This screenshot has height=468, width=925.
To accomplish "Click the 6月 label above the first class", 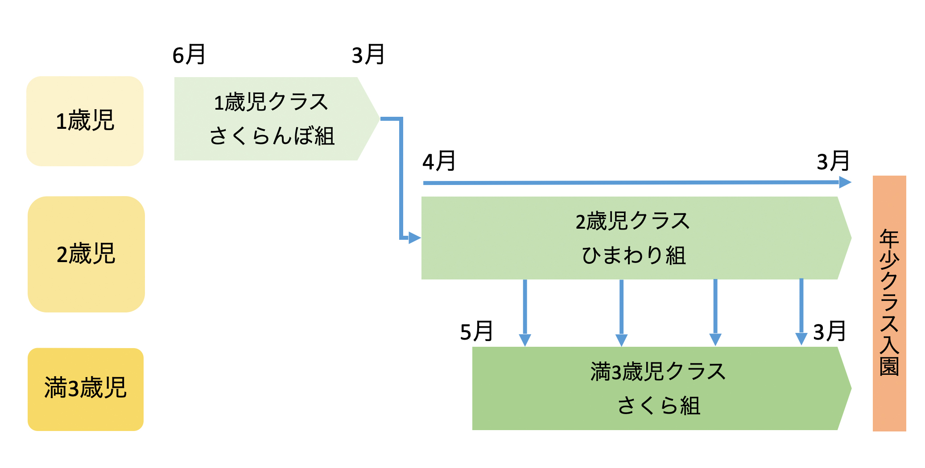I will click(189, 55).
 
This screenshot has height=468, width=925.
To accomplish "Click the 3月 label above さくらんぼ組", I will click(368, 55).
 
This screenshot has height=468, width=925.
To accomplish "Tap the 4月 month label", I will click(439, 161).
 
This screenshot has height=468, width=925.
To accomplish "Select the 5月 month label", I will click(476, 332).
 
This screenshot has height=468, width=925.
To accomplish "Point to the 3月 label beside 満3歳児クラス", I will click(829, 332).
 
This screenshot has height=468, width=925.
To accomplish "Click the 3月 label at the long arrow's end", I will click(833, 161).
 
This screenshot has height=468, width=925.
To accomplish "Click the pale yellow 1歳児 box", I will click(85, 121).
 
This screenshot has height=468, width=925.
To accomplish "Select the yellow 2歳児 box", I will click(86, 254).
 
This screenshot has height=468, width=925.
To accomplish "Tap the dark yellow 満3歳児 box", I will click(86, 389).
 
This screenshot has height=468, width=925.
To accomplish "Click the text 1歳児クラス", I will click(271, 102).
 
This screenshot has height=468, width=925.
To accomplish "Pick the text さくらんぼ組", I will click(272, 136).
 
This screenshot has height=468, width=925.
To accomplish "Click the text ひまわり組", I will click(634, 256).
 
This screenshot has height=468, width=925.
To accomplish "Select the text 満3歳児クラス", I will click(658, 372).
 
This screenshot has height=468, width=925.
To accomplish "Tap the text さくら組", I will click(659, 406).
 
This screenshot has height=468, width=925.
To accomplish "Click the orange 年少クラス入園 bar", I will click(889, 303).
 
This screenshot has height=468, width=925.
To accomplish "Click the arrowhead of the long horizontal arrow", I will click(845, 182).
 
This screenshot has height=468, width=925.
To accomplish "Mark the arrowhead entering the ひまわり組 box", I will click(414, 238).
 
